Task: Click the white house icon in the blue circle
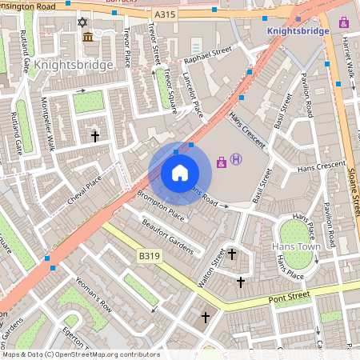(x=180, y=173)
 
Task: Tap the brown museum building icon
(x=87, y=38)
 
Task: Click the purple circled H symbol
(x=236, y=159)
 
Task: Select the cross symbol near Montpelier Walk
(x=95, y=136)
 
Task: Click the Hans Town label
(x=296, y=247)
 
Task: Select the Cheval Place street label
(x=86, y=189)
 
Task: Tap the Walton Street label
(x=211, y=268)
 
